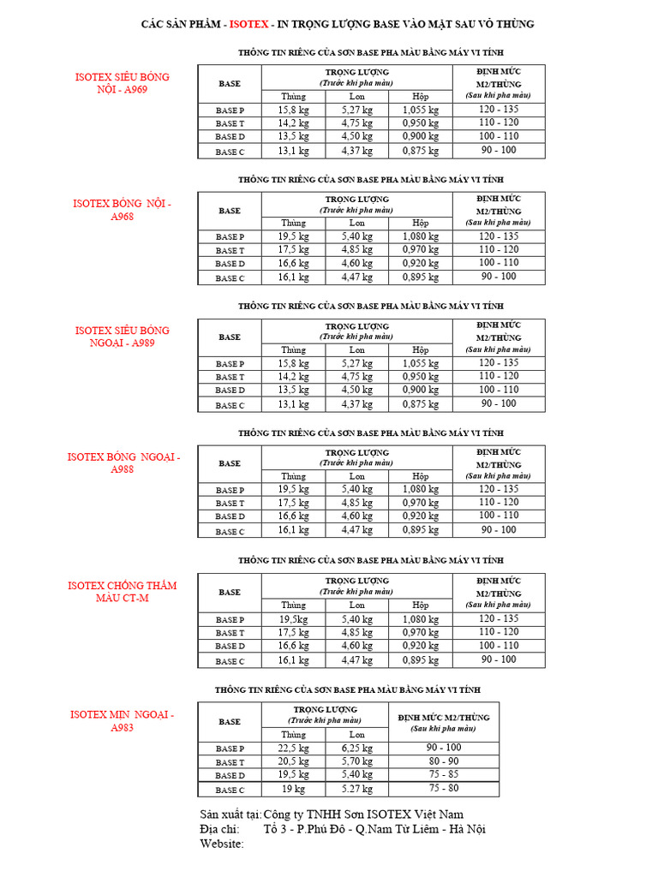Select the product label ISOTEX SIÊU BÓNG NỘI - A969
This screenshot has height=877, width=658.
click(x=123, y=83)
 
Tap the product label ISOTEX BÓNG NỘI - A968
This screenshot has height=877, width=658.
click(x=123, y=210)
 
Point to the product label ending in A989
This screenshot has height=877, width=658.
click(x=123, y=337)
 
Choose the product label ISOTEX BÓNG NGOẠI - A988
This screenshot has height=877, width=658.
click(x=123, y=463)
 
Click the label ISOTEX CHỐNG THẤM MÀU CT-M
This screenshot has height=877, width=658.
click(x=123, y=592)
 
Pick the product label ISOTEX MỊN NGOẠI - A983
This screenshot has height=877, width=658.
click(x=123, y=720)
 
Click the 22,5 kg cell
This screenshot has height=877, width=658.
click(x=293, y=748)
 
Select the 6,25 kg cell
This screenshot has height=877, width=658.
click(x=357, y=748)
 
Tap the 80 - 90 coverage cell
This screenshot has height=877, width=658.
click(x=443, y=761)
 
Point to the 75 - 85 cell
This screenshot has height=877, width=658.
click(x=443, y=774)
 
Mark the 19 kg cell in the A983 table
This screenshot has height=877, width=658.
click(x=293, y=789)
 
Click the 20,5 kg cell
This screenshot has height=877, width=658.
click(x=293, y=761)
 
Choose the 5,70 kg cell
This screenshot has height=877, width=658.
click(x=357, y=761)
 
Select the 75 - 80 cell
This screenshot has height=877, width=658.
click(x=443, y=788)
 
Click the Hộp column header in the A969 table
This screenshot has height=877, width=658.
click(x=421, y=97)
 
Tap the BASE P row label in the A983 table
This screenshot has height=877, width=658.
click(x=230, y=749)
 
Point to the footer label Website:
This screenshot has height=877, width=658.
click(x=222, y=844)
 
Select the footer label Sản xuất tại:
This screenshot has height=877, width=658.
click(x=230, y=814)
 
